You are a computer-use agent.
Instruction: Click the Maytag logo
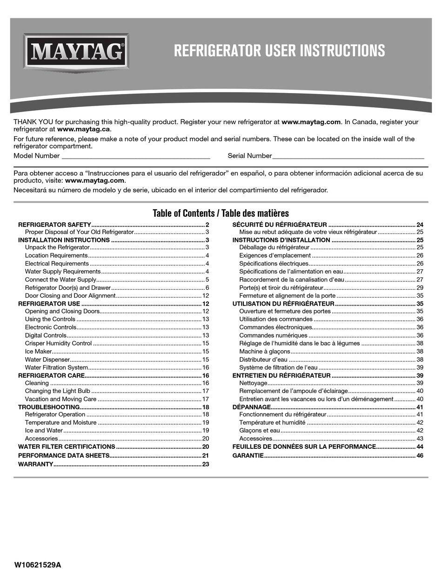(x=76, y=52)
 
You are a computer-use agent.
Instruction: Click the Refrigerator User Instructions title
(x=279, y=50)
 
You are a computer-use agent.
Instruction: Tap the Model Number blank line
(x=135, y=157)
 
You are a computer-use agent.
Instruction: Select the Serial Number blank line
(x=348, y=157)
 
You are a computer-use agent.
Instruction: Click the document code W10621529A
(x=38, y=565)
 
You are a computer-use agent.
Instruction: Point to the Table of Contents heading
(x=221, y=213)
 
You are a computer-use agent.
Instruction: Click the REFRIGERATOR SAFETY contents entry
(x=54, y=224)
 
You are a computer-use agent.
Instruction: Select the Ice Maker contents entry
(x=39, y=351)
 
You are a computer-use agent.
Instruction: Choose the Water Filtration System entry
(x=56, y=367)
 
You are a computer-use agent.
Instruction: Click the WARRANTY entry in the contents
(x=35, y=464)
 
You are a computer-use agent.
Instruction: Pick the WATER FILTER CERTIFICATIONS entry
(x=67, y=446)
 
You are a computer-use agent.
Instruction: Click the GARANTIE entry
(x=248, y=455)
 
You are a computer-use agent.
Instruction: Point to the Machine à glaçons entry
(x=264, y=351)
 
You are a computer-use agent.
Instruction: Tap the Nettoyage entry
(x=253, y=383)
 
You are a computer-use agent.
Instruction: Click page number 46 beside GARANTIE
(x=420, y=455)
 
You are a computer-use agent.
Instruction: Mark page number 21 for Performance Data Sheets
(x=205, y=455)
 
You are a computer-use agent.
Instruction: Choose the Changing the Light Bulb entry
(x=58, y=391)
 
